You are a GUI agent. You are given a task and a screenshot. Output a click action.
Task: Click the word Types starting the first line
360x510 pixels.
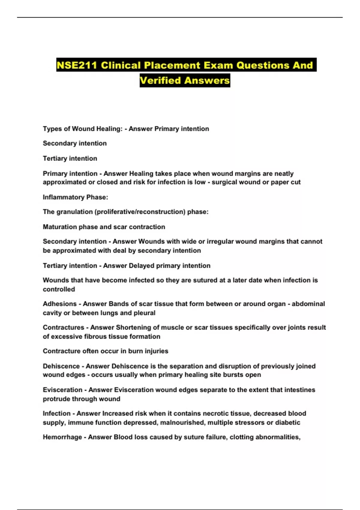(x=52, y=129)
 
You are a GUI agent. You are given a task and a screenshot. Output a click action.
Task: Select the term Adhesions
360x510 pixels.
(x=60, y=304)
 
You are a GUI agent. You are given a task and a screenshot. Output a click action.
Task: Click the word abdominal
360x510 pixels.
(x=308, y=304)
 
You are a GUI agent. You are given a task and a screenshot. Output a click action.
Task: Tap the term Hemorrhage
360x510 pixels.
(x=62, y=437)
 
